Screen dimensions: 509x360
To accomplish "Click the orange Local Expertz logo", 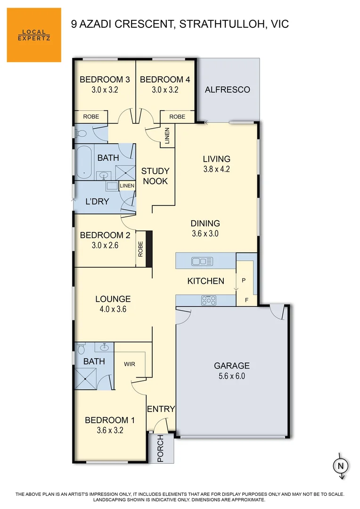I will tap(34, 35).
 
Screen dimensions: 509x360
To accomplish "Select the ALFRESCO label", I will tap(227, 90).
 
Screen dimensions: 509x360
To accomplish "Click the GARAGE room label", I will tap(231, 365).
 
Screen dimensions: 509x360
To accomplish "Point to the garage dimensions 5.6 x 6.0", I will tap(231, 376).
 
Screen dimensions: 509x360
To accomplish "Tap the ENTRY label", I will tap(161, 409).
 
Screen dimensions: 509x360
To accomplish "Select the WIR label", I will tap(130, 364).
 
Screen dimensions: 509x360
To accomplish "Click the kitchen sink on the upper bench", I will tap(202, 261).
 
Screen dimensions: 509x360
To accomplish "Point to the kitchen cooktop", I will tap(209, 299).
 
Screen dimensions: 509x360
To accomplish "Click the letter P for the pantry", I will tap(244, 280).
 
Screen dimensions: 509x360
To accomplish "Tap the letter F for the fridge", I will tap(246, 300).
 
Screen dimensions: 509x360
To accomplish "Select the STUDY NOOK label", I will tap(155, 176).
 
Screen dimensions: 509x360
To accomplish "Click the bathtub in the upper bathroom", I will tap(85, 163).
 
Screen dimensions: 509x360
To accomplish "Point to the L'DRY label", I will tap(97, 202).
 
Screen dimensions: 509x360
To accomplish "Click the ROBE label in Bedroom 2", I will tap(140, 249).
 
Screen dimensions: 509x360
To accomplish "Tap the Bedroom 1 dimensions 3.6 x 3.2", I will tap(110, 430).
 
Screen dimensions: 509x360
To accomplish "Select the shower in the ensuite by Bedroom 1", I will tap(86, 378).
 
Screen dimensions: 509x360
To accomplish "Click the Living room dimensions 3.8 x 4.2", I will tap(216, 170).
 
